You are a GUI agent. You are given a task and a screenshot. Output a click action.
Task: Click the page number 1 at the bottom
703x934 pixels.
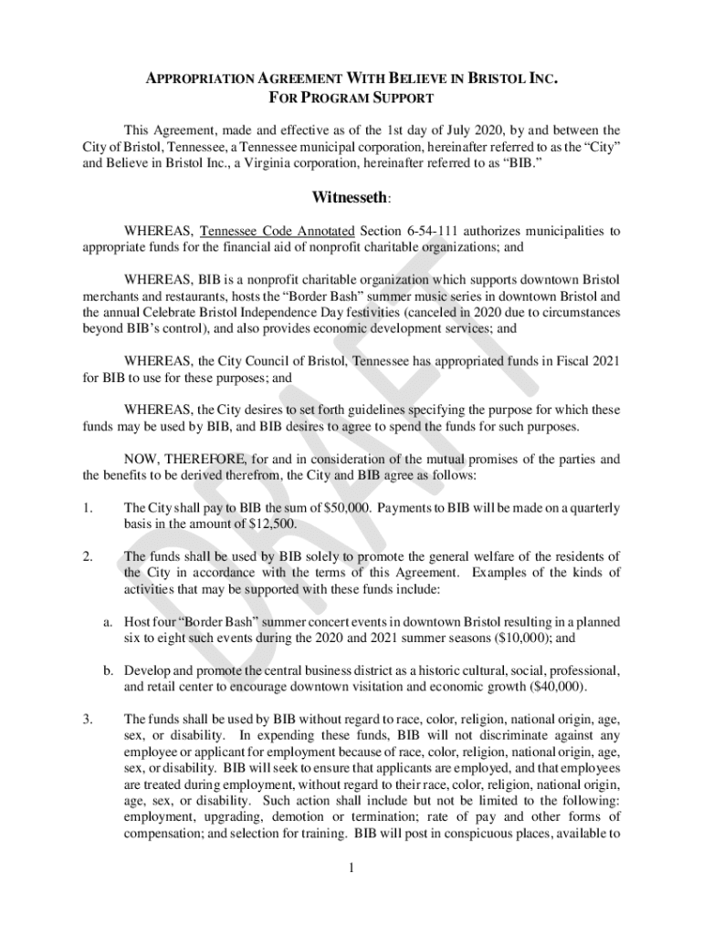point(351,867)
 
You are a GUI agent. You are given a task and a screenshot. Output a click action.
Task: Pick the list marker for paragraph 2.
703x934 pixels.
point(88,555)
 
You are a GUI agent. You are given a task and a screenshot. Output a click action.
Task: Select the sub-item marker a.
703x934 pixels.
point(107,622)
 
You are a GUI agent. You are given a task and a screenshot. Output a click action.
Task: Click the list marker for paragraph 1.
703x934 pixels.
point(88,507)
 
